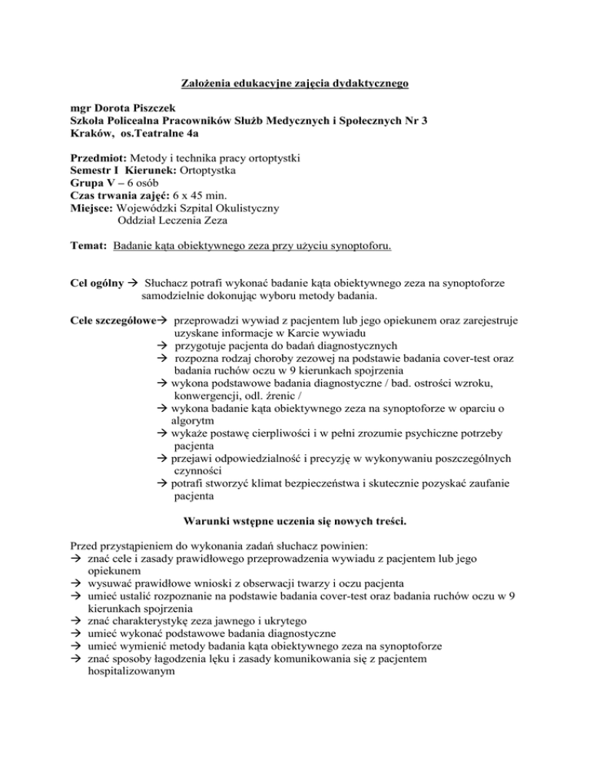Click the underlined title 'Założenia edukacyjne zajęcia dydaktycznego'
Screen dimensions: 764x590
pos(294,83)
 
